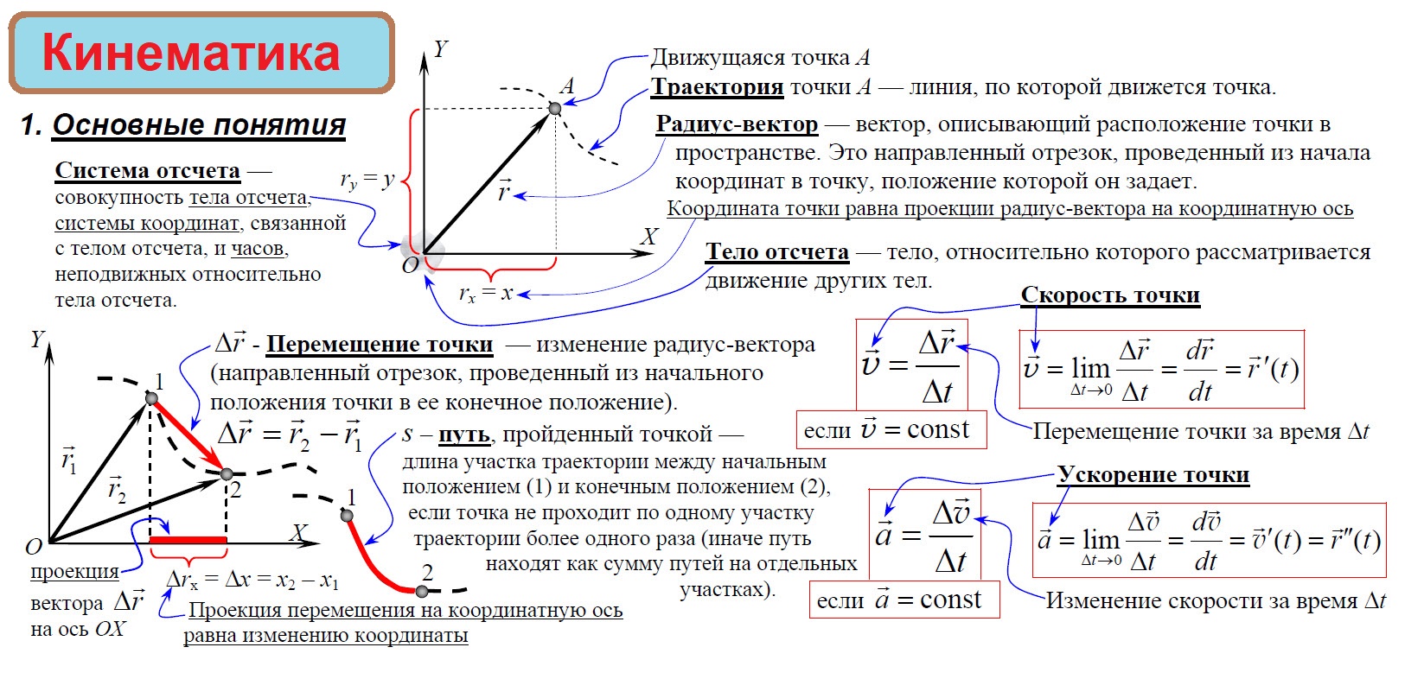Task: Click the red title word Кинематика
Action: coord(191,54)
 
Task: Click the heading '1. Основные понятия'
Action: coord(183,125)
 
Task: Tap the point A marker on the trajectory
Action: coord(555,108)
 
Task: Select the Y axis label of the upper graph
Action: coord(441,49)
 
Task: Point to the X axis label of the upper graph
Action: coord(648,237)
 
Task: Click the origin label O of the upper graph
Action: coord(410,265)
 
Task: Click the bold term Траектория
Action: coord(717,87)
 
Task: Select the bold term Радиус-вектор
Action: coord(737,124)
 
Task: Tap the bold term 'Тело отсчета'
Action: coord(777,251)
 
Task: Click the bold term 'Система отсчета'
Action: coord(148,171)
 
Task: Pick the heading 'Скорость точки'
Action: coord(1110,295)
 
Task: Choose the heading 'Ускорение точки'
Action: coord(1153,475)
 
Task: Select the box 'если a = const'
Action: coord(904,600)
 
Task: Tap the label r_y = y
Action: coord(367,181)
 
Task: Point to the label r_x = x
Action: coord(485,294)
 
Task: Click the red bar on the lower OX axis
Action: coord(188,540)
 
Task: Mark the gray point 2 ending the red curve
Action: coord(422,591)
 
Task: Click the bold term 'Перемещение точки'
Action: coord(380,345)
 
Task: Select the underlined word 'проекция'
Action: coord(75,572)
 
